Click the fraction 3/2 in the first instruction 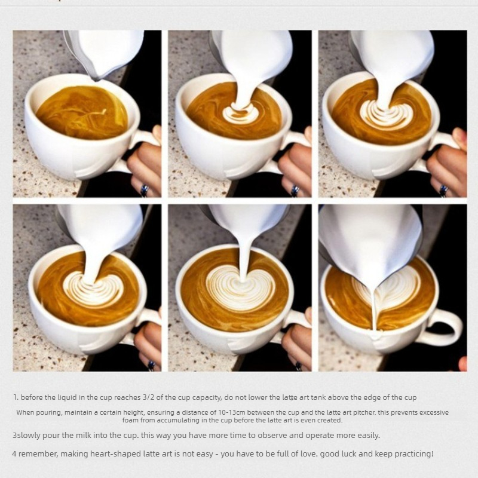(x=149, y=397)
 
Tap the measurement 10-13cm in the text (x=232, y=413)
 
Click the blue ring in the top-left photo (x=145, y=190)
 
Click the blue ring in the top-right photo (x=443, y=191)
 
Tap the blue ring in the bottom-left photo (x=151, y=365)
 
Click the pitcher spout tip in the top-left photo (x=97, y=79)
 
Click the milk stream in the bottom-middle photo (x=243, y=259)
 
